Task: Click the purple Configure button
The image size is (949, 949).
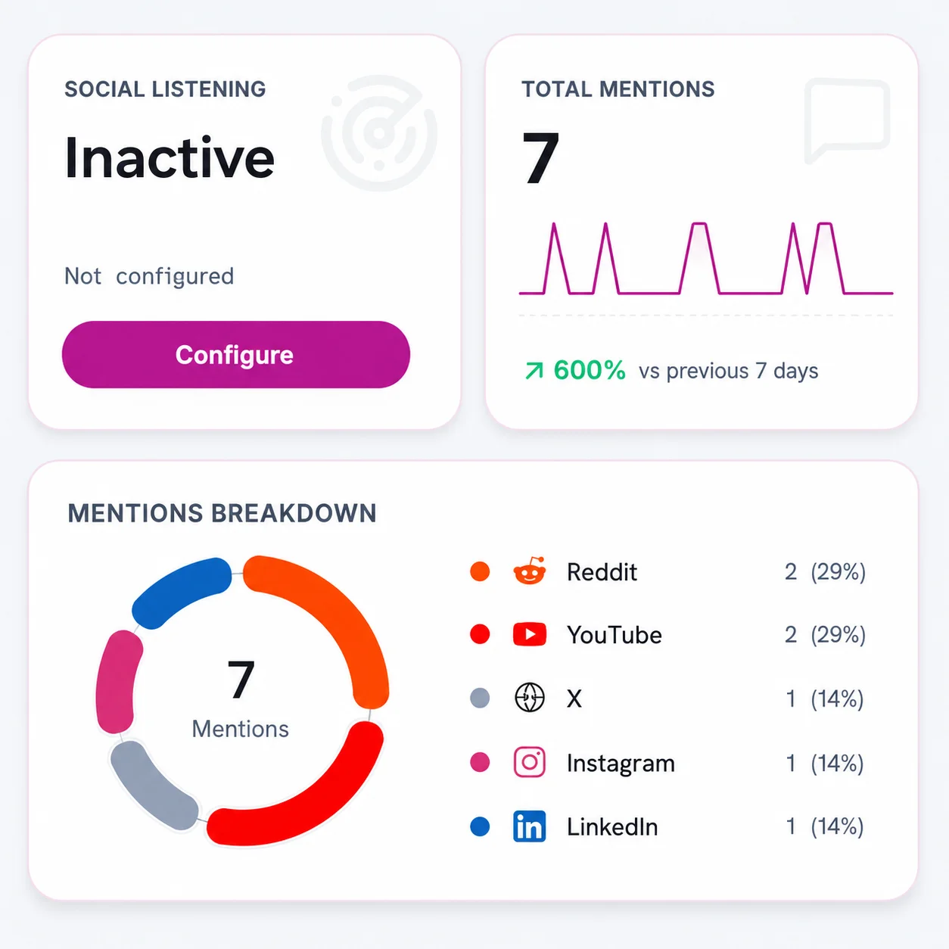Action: click(236, 355)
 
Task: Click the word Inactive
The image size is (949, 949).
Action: click(170, 157)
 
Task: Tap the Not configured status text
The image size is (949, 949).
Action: click(149, 276)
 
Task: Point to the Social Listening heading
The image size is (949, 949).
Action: click(165, 89)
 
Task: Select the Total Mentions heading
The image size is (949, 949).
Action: click(618, 89)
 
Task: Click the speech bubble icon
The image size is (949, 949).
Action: click(847, 120)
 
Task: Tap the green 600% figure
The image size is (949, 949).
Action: click(590, 370)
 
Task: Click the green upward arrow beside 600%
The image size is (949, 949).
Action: click(534, 371)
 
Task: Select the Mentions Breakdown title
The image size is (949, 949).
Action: click(222, 513)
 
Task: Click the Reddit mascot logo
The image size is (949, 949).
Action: click(530, 571)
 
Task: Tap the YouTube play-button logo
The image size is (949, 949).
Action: click(530, 634)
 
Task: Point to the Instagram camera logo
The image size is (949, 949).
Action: click(530, 762)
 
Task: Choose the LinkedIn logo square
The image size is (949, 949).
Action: click(530, 826)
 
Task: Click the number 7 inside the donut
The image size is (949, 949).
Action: click(241, 679)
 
